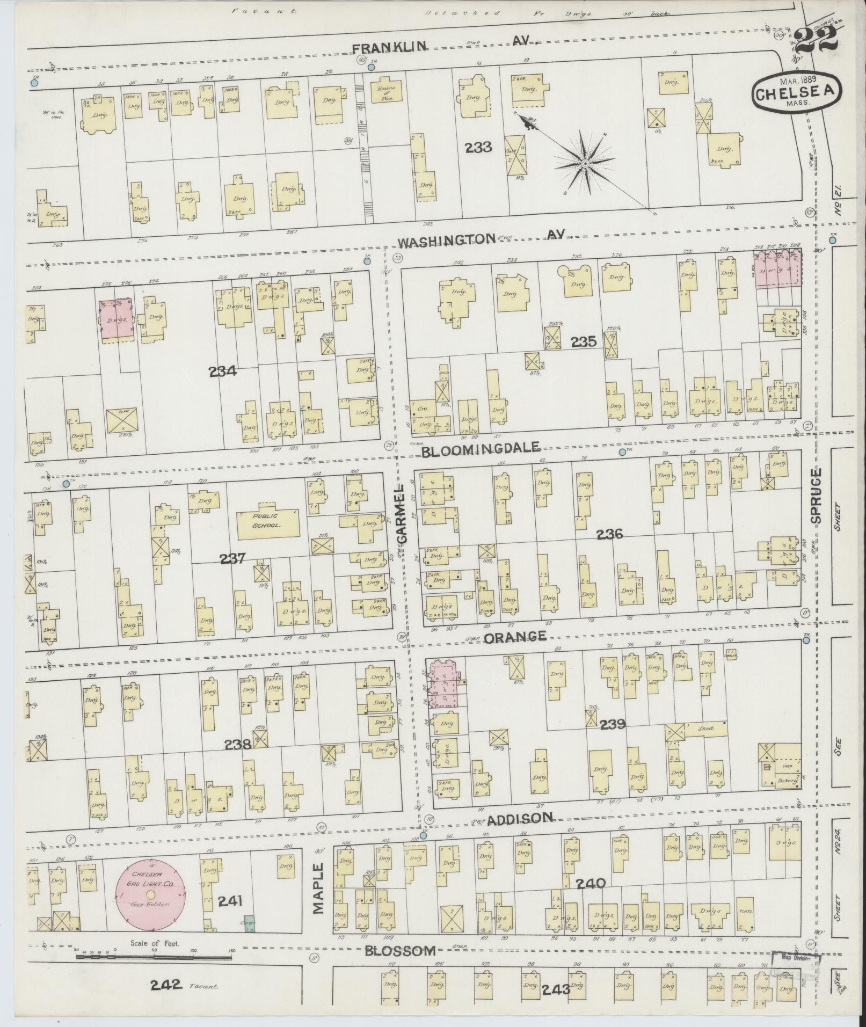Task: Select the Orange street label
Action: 515,637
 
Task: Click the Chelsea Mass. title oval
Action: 796,92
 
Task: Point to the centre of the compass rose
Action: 585,163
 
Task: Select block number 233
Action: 479,147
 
